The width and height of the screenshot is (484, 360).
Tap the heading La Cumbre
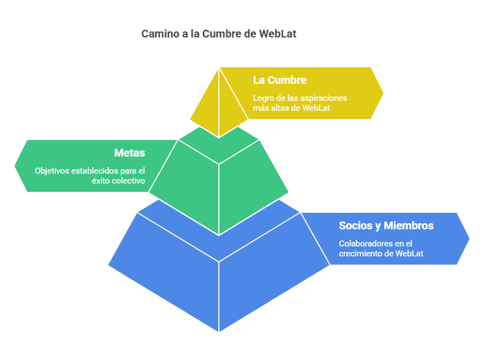coord(279,80)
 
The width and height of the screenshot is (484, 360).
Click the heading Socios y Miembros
coord(386,225)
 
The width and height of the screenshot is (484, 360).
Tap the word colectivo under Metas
coord(125,180)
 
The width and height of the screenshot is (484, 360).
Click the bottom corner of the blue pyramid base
coord(219,331)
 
